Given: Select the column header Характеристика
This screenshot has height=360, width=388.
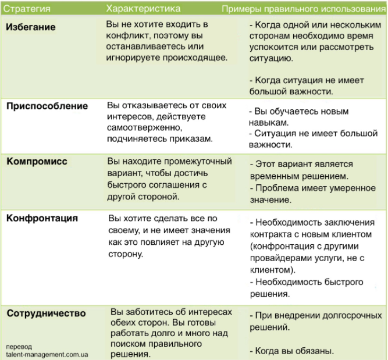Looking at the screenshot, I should (x=143, y=8).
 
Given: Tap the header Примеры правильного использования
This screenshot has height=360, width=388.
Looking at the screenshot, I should (x=304, y=9).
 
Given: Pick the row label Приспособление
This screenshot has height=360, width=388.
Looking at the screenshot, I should (x=47, y=106).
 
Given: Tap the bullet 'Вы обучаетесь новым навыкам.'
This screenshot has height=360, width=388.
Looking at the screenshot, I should (x=291, y=116).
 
